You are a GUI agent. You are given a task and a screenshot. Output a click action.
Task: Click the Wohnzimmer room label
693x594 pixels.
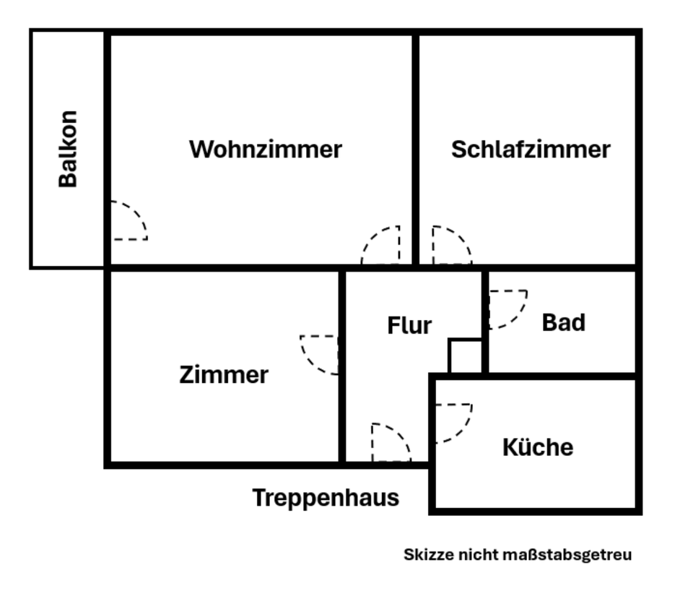[x=265, y=150]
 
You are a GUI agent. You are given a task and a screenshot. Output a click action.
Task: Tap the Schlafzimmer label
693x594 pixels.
[x=531, y=150]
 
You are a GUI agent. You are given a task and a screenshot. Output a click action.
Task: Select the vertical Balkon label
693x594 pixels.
[x=68, y=149]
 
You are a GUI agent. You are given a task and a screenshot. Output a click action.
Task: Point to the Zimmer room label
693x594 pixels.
[x=224, y=375]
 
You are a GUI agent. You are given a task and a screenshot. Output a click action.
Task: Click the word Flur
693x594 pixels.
[x=409, y=326]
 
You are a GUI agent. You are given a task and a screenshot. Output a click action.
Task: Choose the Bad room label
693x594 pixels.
[x=563, y=322]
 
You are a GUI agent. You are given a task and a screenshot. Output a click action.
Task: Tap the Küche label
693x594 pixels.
[x=538, y=447]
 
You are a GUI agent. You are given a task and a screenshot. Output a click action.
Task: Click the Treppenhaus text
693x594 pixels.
[x=326, y=498]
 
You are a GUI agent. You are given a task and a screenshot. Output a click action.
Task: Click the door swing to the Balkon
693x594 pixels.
[x=128, y=221]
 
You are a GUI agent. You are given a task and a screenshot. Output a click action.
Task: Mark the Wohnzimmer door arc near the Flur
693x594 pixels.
[x=381, y=246]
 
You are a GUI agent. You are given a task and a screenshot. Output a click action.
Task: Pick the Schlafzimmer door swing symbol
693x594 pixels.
[x=450, y=246]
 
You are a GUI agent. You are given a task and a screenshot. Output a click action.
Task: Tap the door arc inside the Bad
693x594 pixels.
[x=507, y=309]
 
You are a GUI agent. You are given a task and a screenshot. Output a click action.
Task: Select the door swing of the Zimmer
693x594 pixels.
[x=320, y=354]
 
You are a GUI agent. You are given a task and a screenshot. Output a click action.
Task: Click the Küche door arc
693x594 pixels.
[x=453, y=423]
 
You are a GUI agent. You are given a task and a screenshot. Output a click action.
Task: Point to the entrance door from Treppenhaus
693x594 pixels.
[x=391, y=442]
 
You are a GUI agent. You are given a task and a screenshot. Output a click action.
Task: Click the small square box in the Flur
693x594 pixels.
[x=466, y=356]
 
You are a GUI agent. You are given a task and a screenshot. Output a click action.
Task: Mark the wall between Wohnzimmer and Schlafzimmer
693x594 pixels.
[x=416, y=145]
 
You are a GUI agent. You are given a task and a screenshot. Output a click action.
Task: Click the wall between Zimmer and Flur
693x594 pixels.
[x=341, y=405]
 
